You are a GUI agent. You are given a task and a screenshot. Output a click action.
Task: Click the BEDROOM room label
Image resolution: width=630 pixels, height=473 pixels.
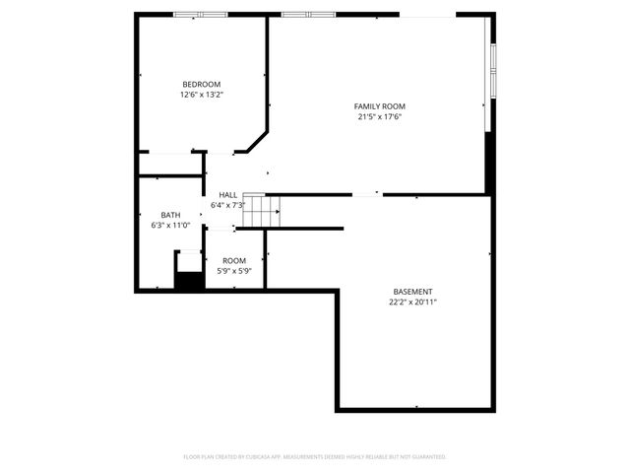point(202,84)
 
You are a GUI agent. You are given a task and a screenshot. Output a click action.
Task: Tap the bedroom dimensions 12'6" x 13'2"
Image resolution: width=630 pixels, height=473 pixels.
point(202,96)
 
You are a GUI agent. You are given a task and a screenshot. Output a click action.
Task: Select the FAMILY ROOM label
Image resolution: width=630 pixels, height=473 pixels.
point(380,106)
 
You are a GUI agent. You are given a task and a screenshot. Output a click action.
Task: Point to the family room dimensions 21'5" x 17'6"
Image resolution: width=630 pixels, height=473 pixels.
point(380,117)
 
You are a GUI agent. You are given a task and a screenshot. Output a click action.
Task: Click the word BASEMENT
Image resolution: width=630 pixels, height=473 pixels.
point(412,292)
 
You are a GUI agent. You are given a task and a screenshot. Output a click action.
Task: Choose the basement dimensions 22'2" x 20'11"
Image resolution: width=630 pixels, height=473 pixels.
point(412,303)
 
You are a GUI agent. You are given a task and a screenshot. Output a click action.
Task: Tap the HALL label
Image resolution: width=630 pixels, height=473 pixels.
point(228,195)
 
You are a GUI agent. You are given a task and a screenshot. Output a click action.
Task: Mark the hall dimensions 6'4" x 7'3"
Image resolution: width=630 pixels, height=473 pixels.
point(228,206)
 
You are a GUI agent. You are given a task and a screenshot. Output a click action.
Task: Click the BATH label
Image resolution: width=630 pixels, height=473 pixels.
point(171,215)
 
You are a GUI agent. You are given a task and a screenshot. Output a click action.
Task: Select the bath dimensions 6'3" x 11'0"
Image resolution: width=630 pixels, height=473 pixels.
point(171,226)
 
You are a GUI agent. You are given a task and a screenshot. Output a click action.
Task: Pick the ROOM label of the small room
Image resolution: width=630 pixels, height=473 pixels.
point(234,260)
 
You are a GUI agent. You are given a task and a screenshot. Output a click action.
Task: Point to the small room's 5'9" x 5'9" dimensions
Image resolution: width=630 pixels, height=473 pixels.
point(234,271)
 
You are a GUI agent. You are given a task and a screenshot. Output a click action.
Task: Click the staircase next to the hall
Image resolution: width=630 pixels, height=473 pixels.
point(262,208)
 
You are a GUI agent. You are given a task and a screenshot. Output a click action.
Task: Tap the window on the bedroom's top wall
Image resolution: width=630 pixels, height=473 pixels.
point(200,15)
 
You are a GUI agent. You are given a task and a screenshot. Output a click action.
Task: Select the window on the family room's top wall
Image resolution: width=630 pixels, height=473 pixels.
point(308,15)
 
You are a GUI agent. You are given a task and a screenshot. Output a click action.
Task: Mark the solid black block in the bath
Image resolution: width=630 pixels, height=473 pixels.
point(188,280)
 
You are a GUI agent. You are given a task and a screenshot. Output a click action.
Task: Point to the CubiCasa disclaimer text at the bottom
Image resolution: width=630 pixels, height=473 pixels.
point(315,457)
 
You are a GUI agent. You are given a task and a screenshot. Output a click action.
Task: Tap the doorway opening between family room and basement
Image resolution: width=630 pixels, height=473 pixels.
point(368,194)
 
